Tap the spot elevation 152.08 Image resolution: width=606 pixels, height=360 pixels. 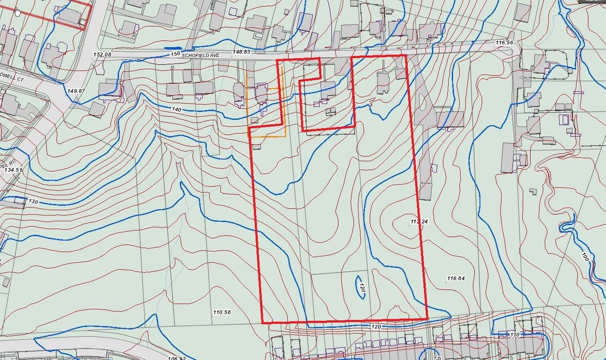(102, 55)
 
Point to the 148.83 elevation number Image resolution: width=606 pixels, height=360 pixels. (241, 52)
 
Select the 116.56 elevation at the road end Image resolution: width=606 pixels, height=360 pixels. (504, 43)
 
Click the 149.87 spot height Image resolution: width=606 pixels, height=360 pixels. (76, 91)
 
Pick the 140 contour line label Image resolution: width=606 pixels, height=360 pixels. (176, 108)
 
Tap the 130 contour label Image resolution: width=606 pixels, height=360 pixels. (33, 201)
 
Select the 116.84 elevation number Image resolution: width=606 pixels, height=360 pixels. (456, 278)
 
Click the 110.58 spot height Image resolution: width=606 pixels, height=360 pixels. (222, 312)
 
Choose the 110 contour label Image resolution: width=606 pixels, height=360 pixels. (514, 334)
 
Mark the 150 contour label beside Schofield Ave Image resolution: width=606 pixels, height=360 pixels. (175, 54)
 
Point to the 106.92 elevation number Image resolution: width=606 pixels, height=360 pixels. (177, 358)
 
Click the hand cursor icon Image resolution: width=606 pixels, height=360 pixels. (17, 11)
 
